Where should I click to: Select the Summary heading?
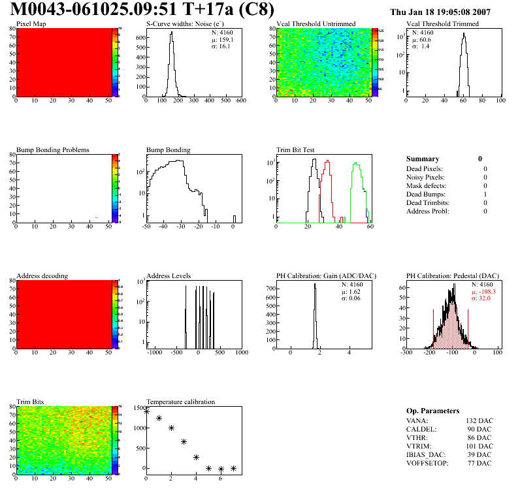click(x=422, y=159)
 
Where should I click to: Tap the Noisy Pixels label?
click(x=425, y=177)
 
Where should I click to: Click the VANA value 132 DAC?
click(x=478, y=420)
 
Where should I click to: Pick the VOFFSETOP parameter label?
click(x=429, y=463)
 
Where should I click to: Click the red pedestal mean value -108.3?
click(x=487, y=292)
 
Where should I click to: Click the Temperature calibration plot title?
click(x=180, y=402)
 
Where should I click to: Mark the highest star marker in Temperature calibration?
click(x=146, y=411)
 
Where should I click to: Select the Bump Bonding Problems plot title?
click(x=53, y=150)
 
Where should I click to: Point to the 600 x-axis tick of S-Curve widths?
click(x=241, y=101)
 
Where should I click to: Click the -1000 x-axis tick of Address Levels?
click(x=155, y=353)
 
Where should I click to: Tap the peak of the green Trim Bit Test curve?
click(x=356, y=163)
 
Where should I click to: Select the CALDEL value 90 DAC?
click(x=479, y=429)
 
